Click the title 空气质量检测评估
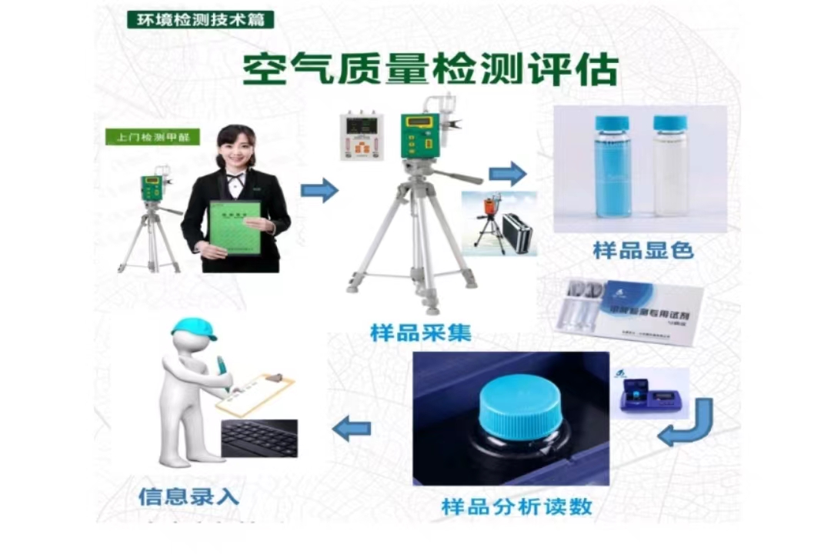click(430, 70)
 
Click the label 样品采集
click(420, 333)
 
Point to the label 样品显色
click(643, 250)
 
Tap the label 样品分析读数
click(516, 507)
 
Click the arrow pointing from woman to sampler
click(319, 189)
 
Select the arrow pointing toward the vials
click(507, 174)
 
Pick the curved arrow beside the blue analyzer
click(687, 426)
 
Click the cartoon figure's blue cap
click(193, 327)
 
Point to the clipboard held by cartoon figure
click(255, 393)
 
